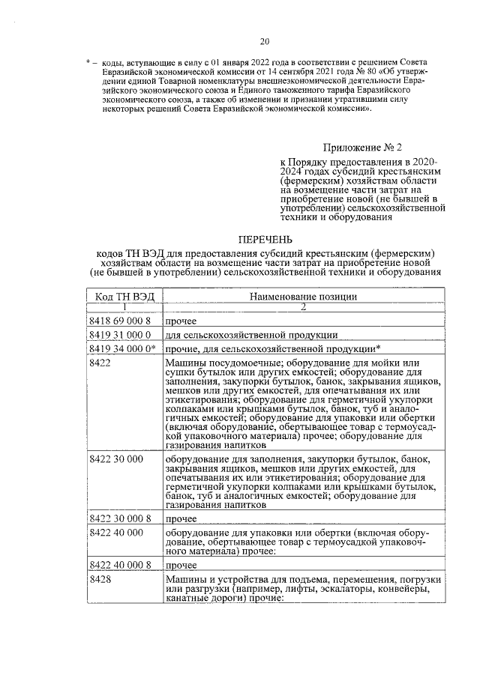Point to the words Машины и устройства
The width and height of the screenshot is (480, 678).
click(216, 580)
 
